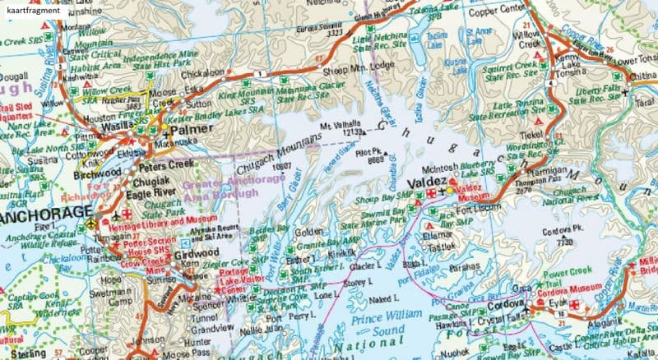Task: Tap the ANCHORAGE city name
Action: (43, 215)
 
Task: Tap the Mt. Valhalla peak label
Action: (341, 125)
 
